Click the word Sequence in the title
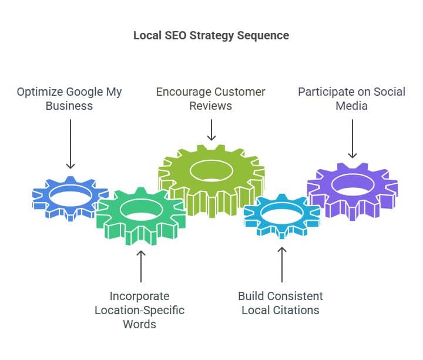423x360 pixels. click(263, 35)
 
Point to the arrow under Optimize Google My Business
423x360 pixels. click(70, 144)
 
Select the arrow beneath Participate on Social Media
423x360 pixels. click(352, 139)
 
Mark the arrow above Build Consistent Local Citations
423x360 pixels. click(282, 264)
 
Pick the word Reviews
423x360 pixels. click(211, 106)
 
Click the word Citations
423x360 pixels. click(300, 309)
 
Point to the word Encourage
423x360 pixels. click(183, 92)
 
